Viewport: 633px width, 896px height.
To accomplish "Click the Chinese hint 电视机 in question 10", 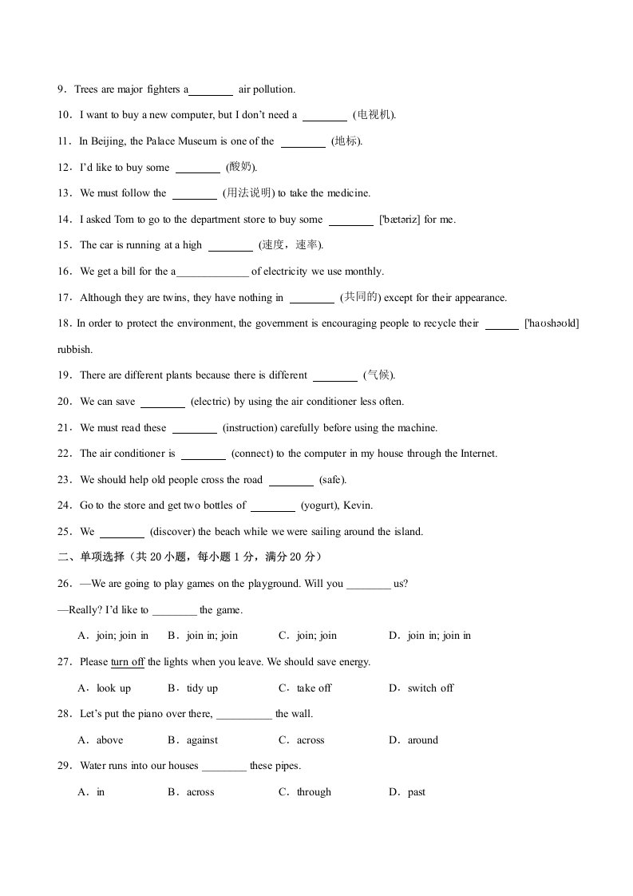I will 374,115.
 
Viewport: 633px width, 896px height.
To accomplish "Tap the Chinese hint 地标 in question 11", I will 346,141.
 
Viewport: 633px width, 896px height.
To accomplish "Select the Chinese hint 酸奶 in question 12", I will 241,167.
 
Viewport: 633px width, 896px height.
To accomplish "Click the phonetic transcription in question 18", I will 552,323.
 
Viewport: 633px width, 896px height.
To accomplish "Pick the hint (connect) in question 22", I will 253,454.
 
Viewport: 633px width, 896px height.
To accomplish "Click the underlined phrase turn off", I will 128,662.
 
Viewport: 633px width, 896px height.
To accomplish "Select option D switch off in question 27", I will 430,688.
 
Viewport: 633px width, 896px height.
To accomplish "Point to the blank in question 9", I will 211,90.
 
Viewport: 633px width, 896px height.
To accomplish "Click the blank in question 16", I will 212,272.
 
